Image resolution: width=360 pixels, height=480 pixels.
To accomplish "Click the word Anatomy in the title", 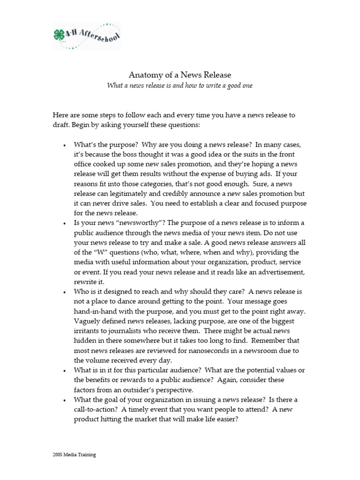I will click(x=143, y=75).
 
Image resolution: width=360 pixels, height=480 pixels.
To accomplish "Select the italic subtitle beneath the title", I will click(x=180, y=86).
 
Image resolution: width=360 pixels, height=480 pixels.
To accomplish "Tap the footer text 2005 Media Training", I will click(x=74, y=454).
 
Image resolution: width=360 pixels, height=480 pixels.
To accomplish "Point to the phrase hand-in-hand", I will click(x=96, y=311).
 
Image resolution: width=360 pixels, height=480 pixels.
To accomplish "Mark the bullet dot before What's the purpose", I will click(x=64, y=145).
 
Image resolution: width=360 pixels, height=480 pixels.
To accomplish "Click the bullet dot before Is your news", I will click(x=64, y=224).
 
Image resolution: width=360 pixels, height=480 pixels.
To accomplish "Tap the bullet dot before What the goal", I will click(x=64, y=400).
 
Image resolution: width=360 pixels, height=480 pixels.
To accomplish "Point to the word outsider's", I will click(x=168, y=390).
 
